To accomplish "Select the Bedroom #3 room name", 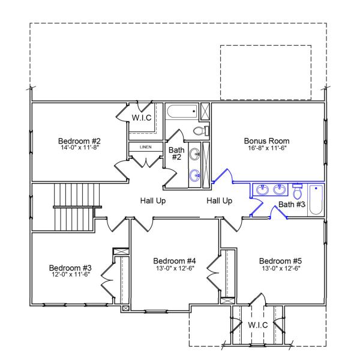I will (70, 268).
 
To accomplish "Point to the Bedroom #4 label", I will (175, 261).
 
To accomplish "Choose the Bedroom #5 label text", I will (280, 261).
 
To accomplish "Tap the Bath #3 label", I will (293, 205).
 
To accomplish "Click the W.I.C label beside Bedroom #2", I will (142, 118).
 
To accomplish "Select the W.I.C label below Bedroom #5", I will (258, 325).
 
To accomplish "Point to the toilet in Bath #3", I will (298, 192).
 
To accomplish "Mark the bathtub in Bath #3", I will (316, 197).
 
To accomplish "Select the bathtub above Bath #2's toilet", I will (182, 111).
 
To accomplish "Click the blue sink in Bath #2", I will (196, 175).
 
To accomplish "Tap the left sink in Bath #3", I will (262, 190).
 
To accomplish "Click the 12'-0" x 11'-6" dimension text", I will (70, 274).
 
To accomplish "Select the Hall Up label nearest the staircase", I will (153, 201).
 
